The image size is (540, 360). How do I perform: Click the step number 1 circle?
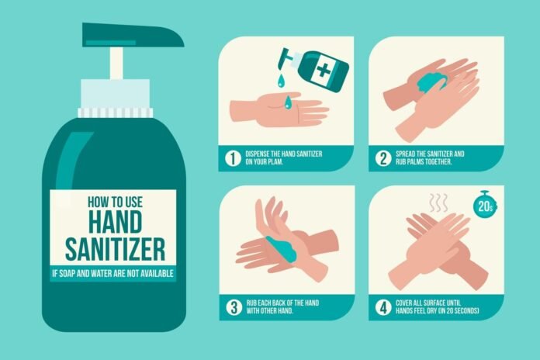[231, 158]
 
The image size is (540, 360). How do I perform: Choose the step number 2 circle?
[382, 158]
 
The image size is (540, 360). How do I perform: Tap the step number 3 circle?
[231, 306]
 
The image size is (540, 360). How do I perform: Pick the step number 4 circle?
[382, 306]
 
